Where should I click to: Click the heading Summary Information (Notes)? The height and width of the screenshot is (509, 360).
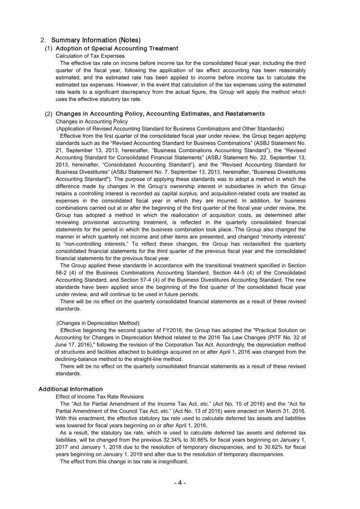[x=96, y=41]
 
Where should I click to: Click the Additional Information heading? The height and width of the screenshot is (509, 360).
[x=70, y=389]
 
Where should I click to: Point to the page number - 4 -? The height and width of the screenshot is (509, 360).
[x=180, y=483]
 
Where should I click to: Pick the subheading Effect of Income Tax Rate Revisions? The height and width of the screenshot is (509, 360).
[x=99, y=396]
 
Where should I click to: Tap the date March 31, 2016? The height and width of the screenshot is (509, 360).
[x=284, y=411]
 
